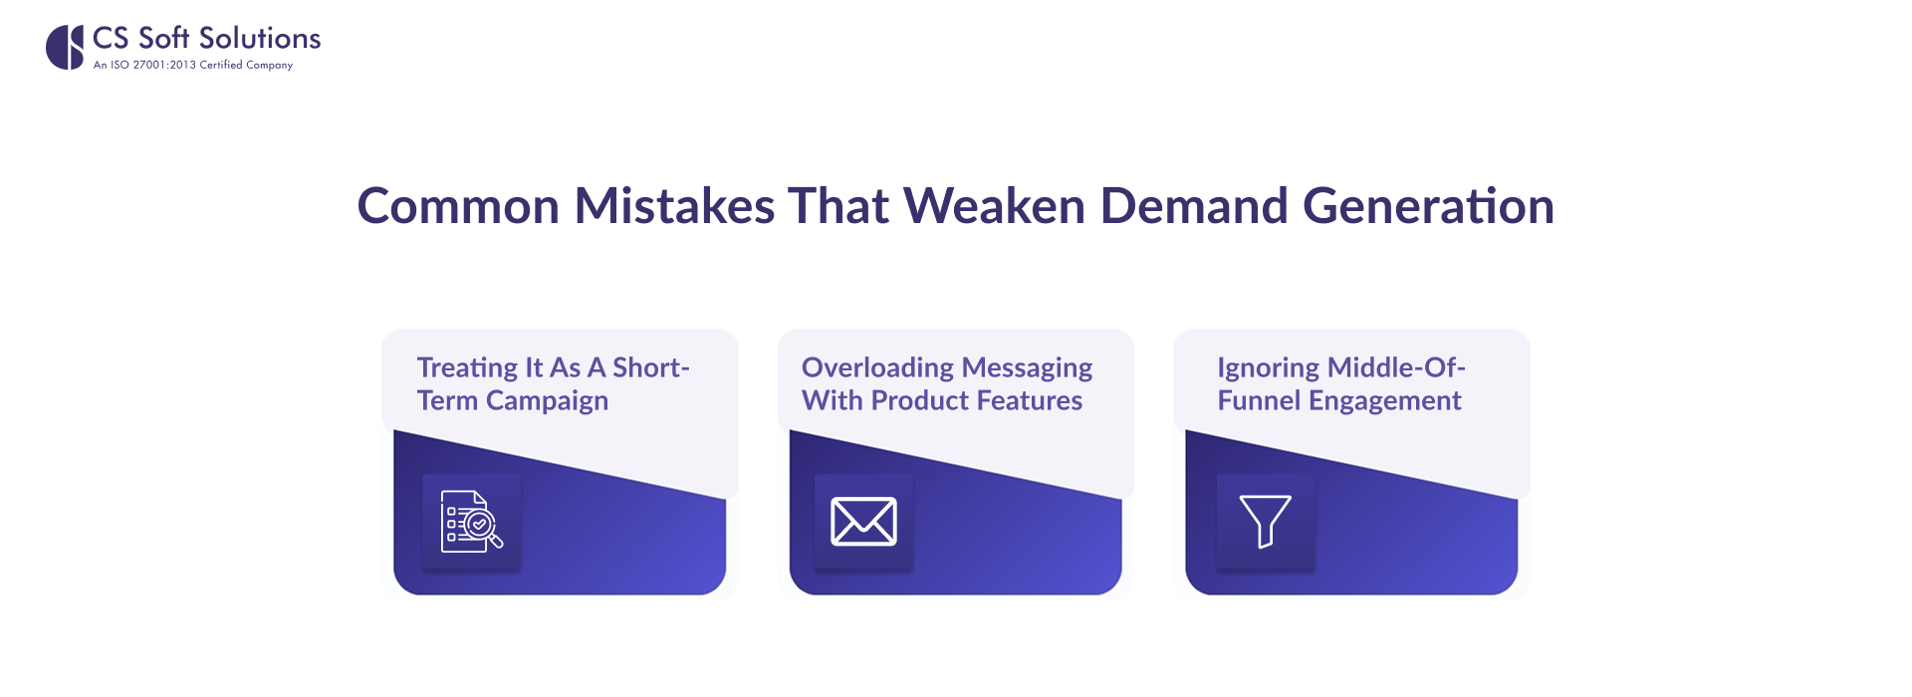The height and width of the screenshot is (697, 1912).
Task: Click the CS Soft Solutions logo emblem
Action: click(65, 47)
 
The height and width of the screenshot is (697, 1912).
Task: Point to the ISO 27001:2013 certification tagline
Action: click(193, 65)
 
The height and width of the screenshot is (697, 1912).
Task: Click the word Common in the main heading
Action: click(458, 206)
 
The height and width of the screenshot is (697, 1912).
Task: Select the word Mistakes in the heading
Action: click(674, 206)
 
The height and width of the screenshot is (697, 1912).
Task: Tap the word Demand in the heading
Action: click(1194, 206)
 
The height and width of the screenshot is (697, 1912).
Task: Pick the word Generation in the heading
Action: click(1428, 206)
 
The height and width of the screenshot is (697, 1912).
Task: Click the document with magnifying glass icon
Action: click(471, 522)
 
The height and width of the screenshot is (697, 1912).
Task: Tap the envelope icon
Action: click(863, 522)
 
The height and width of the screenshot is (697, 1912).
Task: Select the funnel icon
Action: click(1265, 521)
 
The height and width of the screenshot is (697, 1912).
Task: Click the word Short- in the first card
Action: click(651, 367)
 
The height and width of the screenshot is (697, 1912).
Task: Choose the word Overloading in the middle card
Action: click(877, 368)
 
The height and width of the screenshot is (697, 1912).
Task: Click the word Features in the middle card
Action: click(1029, 400)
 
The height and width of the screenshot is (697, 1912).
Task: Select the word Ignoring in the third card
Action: click(1268, 368)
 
